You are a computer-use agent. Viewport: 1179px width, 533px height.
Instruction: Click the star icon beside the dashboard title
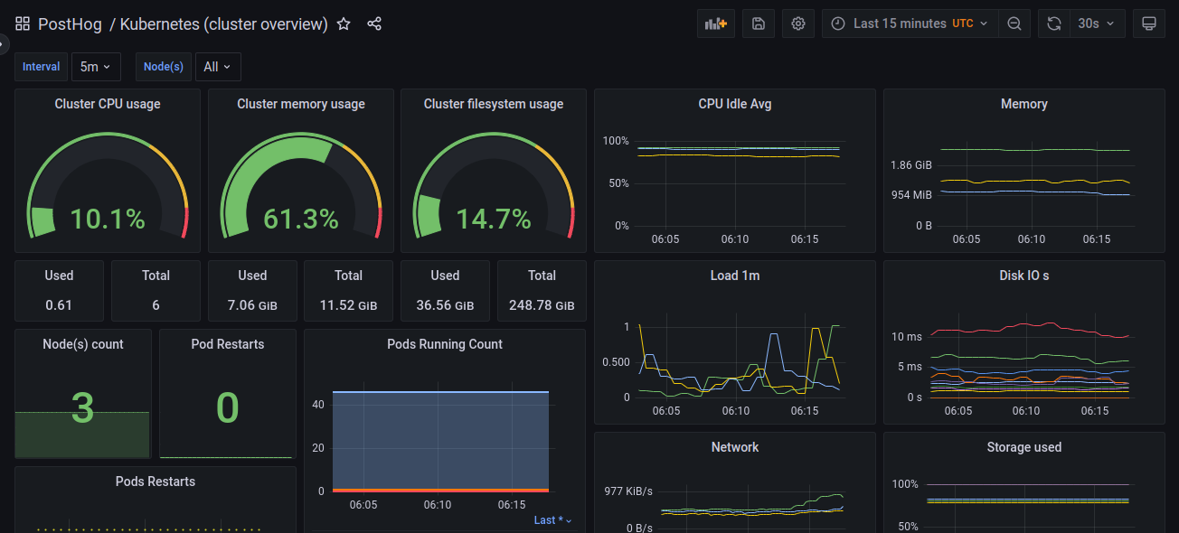coord(344,24)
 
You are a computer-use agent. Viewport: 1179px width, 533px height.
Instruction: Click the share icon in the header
coord(374,24)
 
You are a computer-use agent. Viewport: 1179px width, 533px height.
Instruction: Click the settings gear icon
coord(798,24)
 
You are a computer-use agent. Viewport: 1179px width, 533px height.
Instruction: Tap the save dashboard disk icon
coord(758,24)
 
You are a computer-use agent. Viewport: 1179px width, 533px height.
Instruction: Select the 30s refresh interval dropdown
coord(1097,23)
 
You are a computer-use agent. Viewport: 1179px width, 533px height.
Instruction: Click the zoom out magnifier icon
coord(1015,24)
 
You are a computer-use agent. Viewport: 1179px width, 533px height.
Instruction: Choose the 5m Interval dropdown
coord(95,67)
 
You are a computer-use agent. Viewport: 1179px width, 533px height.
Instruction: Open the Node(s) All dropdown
coord(217,67)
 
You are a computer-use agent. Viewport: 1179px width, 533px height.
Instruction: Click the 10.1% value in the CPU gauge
coord(108,219)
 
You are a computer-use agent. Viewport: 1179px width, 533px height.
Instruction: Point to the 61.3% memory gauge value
coord(301,219)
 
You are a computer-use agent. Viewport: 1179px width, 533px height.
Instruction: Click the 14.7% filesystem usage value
coord(494,219)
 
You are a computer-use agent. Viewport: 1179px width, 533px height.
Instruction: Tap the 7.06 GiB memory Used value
coord(252,305)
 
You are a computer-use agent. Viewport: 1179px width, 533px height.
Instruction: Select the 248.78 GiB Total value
coord(542,305)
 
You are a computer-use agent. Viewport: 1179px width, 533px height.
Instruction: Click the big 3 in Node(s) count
coord(82,408)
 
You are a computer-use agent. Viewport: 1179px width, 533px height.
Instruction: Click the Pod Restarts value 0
coord(227,408)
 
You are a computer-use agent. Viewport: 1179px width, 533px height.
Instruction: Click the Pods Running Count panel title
coord(444,344)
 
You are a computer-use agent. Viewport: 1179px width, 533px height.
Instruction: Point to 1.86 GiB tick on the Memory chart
coord(910,165)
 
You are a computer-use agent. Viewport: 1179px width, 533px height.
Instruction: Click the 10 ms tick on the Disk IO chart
coord(907,337)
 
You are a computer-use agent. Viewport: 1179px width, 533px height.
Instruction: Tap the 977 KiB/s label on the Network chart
coord(628,491)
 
